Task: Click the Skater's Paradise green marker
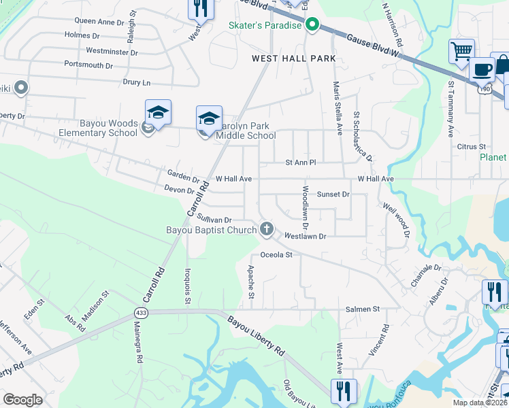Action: (x=312, y=26)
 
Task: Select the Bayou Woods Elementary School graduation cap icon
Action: (x=158, y=112)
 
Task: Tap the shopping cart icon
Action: (x=461, y=51)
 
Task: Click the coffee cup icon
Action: (x=482, y=69)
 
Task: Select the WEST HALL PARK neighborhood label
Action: (x=294, y=58)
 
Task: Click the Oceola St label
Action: (x=276, y=255)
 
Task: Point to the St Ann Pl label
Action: (x=301, y=163)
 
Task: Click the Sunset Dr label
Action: (x=333, y=194)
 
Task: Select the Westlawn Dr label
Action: (x=306, y=236)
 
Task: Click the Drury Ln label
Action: (x=136, y=82)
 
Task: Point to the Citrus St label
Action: (x=472, y=146)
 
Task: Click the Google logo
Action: (x=22, y=400)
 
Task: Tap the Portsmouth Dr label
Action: (x=88, y=65)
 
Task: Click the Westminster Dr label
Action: (x=112, y=52)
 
